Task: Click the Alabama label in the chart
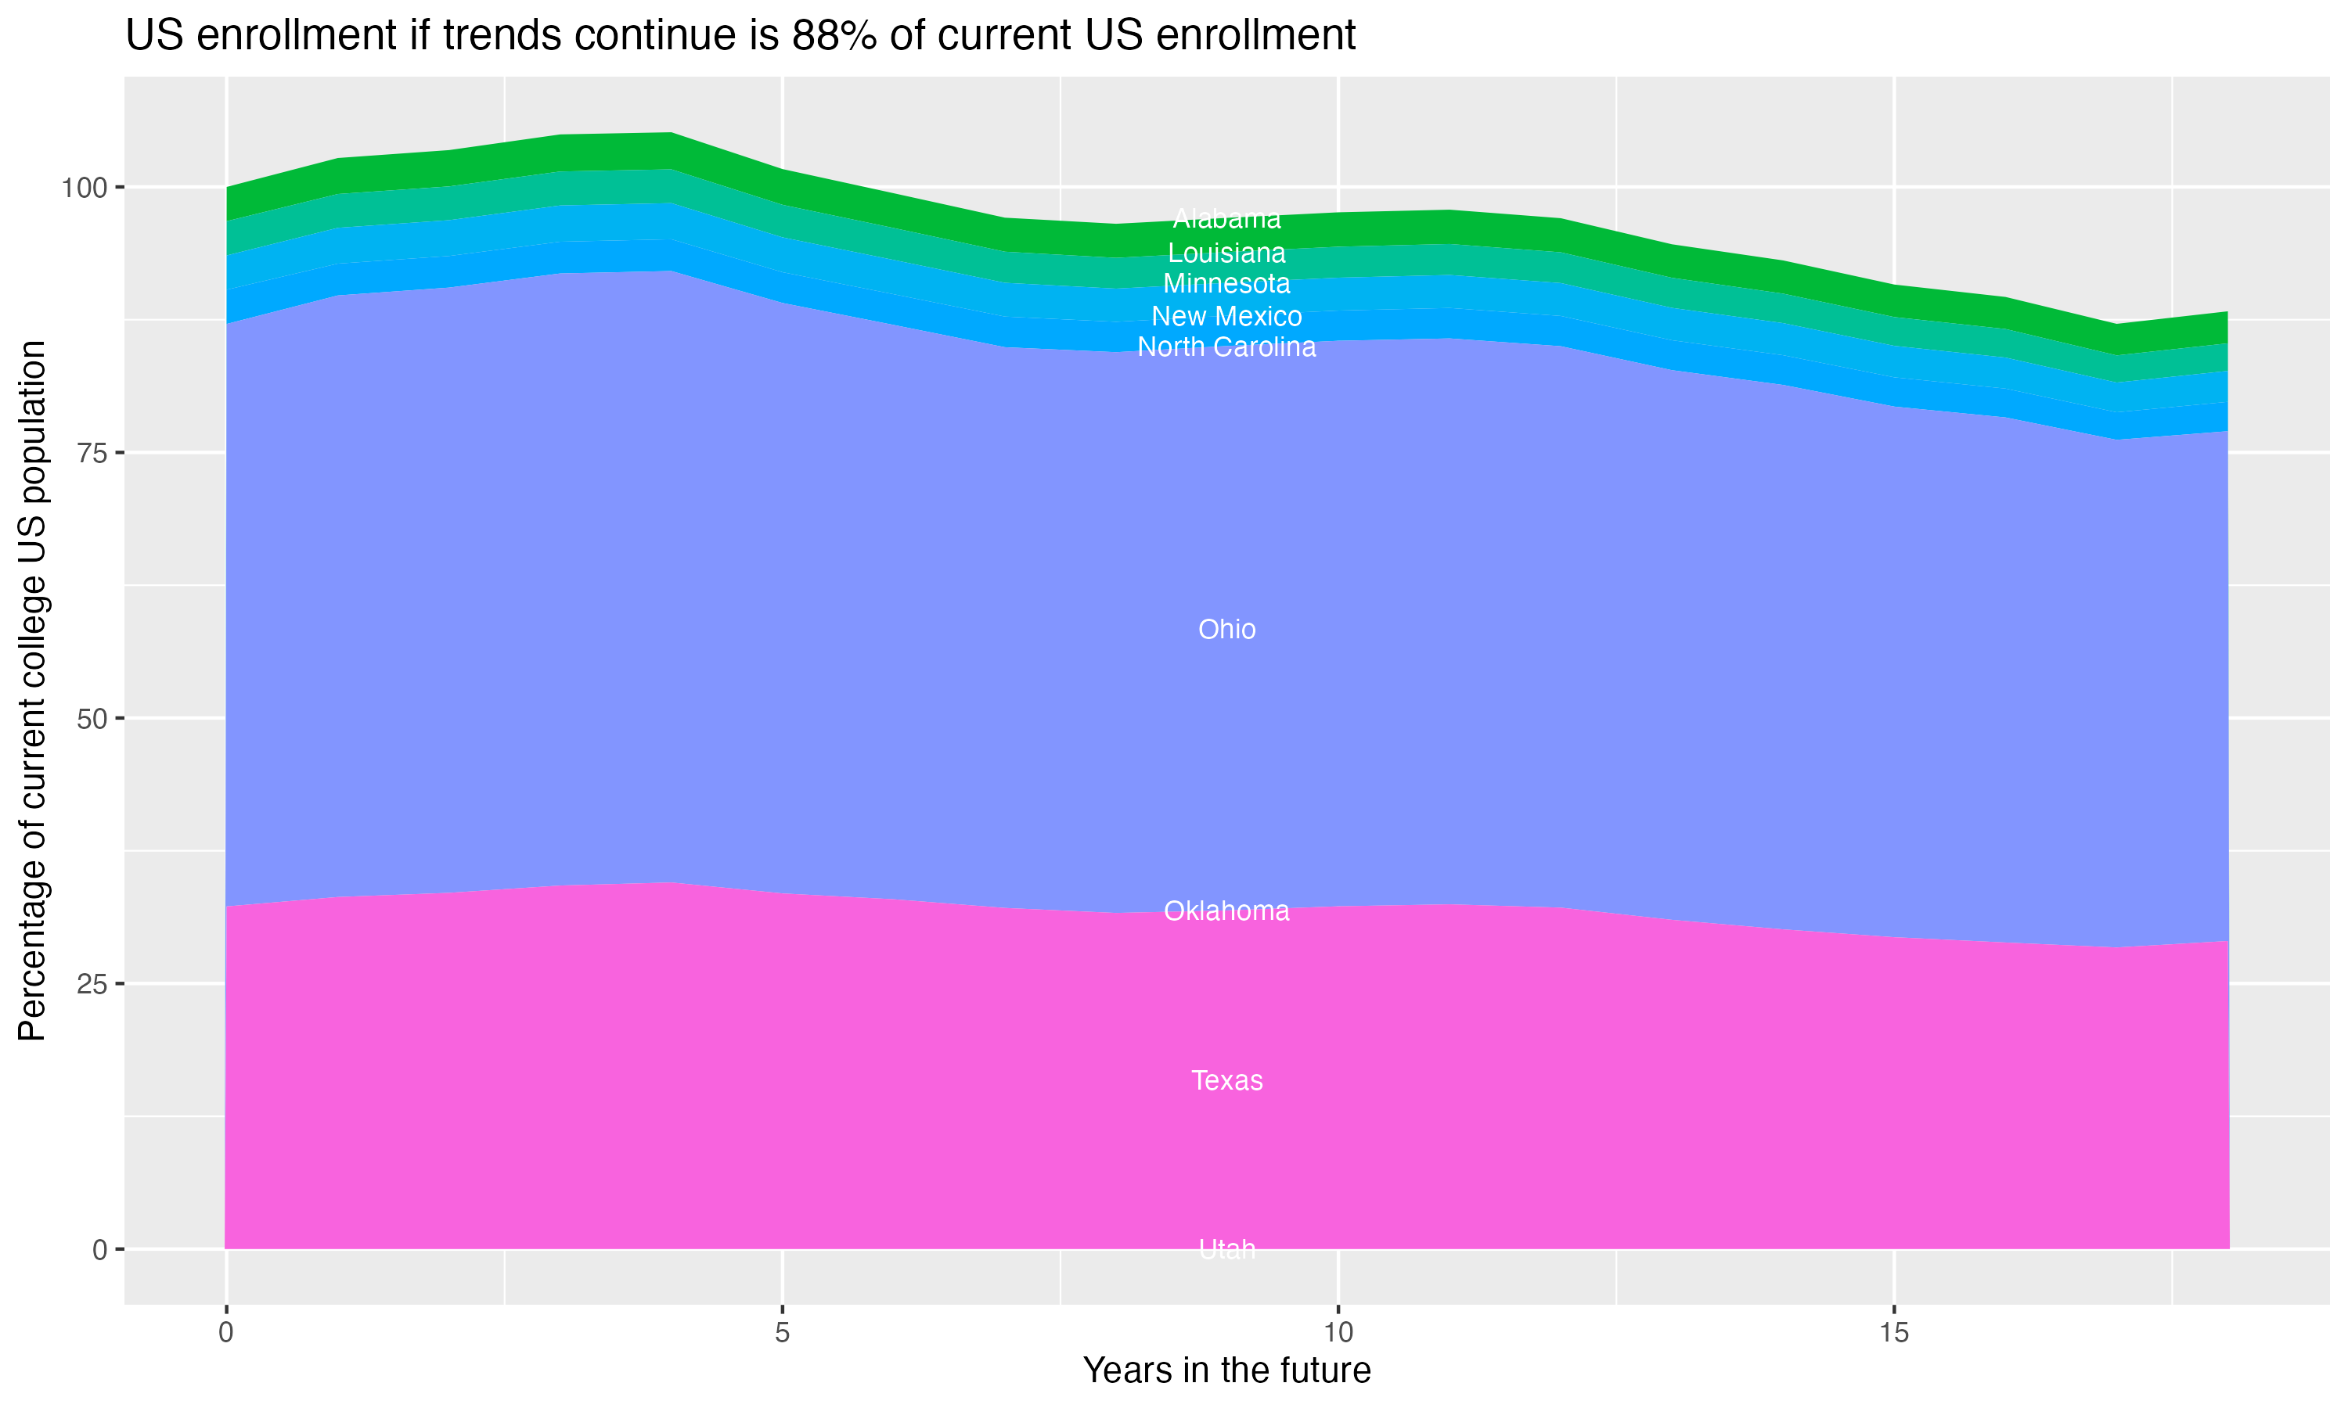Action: point(1226,219)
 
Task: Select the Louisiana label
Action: point(1226,253)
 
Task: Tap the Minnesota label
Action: point(1226,284)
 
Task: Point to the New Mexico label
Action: point(1226,316)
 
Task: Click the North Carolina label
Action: point(1226,347)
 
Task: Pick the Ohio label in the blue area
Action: point(1226,630)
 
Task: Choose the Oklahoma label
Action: point(1226,911)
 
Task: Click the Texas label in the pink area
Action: point(1226,1081)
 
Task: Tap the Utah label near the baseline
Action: point(1226,1249)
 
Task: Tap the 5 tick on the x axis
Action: point(782,1333)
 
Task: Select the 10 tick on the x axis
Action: point(1338,1333)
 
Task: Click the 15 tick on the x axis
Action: point(1893,1333)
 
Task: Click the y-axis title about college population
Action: point(32,691)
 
